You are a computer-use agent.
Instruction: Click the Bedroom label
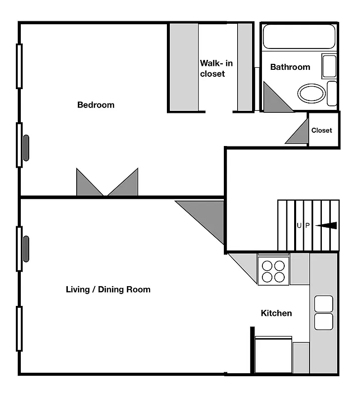point(96,105)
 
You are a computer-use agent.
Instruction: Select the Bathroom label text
point(290,67)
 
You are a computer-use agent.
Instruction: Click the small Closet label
point(322,130)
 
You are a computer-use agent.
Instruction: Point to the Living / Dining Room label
point(108,289)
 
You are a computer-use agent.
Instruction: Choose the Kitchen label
point(276,313)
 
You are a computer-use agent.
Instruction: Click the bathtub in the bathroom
point(299,37)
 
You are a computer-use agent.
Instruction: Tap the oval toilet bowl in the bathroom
point(312,93)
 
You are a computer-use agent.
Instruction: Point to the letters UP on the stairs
point(303,226)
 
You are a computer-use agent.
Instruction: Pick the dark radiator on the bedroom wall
point(26,148)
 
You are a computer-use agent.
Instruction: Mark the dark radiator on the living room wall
point(26,248)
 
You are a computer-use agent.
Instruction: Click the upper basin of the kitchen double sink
point(323,303)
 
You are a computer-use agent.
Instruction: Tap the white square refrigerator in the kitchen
point(273,355)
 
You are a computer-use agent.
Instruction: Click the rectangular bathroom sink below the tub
point(329,66)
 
